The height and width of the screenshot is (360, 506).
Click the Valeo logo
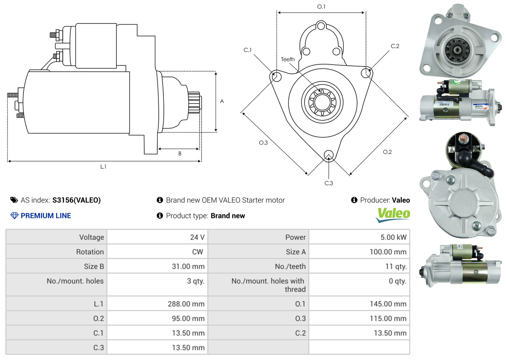click(393, 215)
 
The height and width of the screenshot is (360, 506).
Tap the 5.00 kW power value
click(393, 237)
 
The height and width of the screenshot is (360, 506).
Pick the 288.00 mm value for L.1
click(186, 304)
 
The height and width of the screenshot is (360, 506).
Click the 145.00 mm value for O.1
click(388, 304)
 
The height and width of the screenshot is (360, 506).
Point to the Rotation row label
click(90, 252)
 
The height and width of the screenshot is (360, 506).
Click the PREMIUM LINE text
click(46, 216)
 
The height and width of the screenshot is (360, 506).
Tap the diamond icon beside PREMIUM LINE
click(15, 216)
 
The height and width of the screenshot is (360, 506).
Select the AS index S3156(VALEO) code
click(77, 200)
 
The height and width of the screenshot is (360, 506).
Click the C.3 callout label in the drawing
click(329, 183)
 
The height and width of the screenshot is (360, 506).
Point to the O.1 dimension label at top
click(321, 7)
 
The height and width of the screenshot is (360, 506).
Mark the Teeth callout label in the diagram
click(288, 59)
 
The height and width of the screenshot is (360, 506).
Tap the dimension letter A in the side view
click(222, 101)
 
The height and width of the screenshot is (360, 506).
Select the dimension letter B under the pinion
click(180, 154)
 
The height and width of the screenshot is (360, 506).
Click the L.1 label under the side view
click(103, 167)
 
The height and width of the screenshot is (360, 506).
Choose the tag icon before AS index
click(14, 200)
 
